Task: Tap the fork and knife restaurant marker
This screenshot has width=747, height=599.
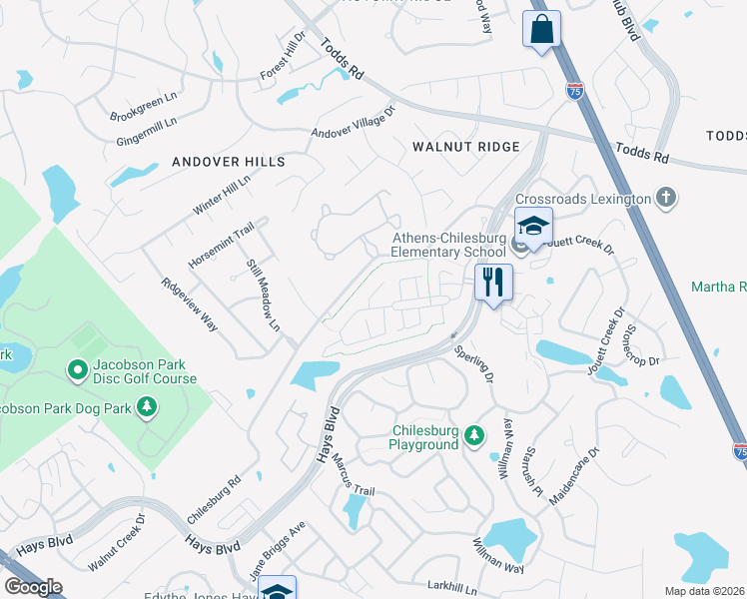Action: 492,282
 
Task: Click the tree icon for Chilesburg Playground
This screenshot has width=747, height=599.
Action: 474,436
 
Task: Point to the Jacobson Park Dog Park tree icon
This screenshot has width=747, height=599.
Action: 147,406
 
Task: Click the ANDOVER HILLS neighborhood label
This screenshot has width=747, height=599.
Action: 229,162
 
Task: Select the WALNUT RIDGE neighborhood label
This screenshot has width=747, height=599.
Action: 466,147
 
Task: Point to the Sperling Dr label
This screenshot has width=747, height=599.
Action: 473,364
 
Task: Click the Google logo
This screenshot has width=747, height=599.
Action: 34,587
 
